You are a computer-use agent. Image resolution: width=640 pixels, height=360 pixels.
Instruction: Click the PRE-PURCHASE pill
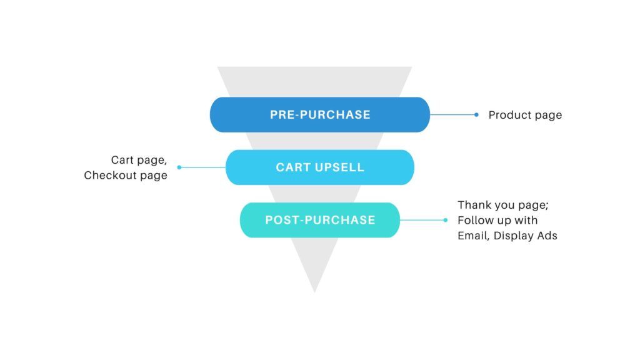(320, 115)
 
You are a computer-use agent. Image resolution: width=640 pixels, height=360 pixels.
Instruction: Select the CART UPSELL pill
(320, 167)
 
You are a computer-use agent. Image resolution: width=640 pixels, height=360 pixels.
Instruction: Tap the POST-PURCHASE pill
(320, 220)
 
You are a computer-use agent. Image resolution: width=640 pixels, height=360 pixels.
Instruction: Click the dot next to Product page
(476, 115)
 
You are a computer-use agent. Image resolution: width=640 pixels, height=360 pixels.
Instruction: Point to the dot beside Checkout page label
(179, 167)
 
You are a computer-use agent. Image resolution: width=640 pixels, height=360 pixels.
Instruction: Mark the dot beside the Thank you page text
(446, 220)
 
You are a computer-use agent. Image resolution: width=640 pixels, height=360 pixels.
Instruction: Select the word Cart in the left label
(123, 161)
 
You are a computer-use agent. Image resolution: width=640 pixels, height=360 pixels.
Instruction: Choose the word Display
(515, 236)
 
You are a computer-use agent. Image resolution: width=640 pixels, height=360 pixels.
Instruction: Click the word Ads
(547, 236)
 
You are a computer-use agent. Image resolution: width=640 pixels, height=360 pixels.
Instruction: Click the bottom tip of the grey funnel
(314, 290)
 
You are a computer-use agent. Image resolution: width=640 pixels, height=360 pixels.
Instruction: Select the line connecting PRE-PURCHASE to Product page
(452, 115)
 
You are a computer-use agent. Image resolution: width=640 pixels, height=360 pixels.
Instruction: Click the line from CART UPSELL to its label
(203, 167)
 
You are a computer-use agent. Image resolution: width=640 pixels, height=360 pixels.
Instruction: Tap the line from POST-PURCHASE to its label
(422, 220)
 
